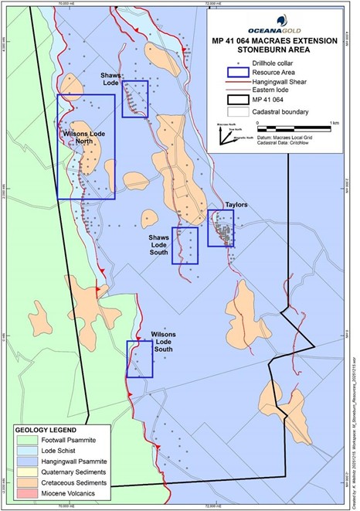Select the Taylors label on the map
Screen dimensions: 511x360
click(236, 206)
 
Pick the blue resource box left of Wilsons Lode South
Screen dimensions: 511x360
click(139, 359)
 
